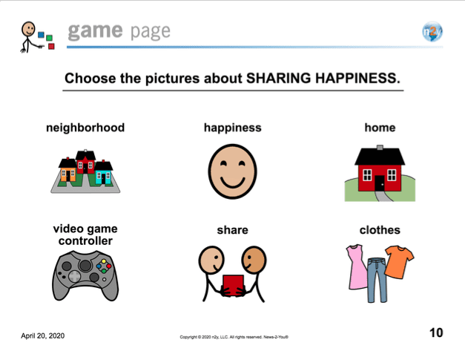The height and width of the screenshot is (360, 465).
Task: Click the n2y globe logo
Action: pos(432,31)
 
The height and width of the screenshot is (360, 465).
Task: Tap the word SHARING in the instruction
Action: pos(278,79)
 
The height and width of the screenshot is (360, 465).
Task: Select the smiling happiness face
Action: pos(233,171)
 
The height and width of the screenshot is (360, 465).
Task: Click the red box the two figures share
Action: pos(234,286)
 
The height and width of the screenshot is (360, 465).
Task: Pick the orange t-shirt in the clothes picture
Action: pos(399,262)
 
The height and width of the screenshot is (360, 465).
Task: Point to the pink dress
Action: pos(357,266)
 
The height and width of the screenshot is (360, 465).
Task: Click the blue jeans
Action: pos(377,280)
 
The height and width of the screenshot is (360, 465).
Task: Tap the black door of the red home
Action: pos(380,183)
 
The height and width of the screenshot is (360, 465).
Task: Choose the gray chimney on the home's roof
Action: pos(380,147)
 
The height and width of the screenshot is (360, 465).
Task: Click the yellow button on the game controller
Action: pos(104,261)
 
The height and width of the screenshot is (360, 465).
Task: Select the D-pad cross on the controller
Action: pos(74,276)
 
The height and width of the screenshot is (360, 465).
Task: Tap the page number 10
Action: pos(436,333)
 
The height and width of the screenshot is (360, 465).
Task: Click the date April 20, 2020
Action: pos(43,336)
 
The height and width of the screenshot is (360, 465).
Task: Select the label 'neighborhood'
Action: pos(85,128)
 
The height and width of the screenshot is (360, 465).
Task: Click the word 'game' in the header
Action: pos(95,31)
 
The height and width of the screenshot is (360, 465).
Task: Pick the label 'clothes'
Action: pos(380,230)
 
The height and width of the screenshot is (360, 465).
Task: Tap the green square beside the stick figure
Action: pos(49,38)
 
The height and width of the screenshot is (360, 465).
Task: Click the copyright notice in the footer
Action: pos(234,337)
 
